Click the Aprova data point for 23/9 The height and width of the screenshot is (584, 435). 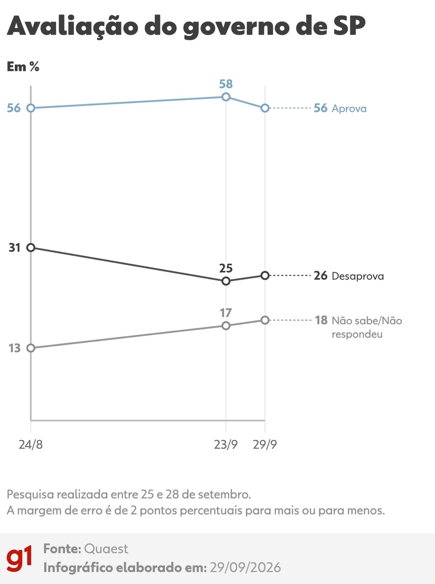tap(225, 97)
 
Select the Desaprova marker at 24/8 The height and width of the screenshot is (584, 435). tap(31, 248)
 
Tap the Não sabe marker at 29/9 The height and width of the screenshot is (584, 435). tap(265, 320)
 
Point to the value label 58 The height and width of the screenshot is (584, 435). tap(226, 84)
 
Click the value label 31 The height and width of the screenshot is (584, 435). tap(14, 248)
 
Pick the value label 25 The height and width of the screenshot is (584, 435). tap(226, 269)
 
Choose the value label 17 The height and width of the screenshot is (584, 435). tap(226, 313)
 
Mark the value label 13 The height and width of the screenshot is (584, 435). tap(14, 348)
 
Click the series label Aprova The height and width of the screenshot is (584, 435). tap(349, 109)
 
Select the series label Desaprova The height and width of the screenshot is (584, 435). tap(358, 276)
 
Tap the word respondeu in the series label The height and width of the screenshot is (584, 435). tap(357, 334)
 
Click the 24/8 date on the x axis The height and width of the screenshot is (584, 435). tap(31, 445)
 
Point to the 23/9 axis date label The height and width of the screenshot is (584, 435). tap(225, 445)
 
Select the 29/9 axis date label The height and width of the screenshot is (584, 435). tap(265, 445)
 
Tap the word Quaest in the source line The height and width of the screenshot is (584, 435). tap(106, 549)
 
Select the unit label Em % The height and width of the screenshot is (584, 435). tap(23, 66)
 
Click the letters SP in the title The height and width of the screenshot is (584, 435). tap(349, 26)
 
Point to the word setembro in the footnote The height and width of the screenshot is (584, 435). tap(224, 495)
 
